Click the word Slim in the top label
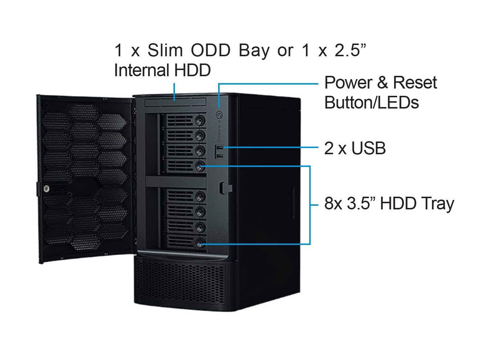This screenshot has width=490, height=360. click(165, 50)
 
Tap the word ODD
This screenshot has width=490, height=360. click(211, 50)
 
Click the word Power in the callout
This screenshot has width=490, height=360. click(348, 83)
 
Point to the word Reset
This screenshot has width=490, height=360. click(415, 83)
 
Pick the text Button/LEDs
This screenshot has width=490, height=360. click(371, 103)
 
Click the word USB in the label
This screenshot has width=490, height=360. click(368, 148)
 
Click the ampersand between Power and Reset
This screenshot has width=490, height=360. click(382, 83)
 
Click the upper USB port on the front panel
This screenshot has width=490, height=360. click(219, 148)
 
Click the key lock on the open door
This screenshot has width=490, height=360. click(46, 189)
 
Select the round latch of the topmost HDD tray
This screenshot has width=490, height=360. click(200, 120)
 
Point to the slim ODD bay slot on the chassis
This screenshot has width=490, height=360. click(175, 102)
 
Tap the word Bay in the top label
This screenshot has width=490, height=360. click(254, 50)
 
